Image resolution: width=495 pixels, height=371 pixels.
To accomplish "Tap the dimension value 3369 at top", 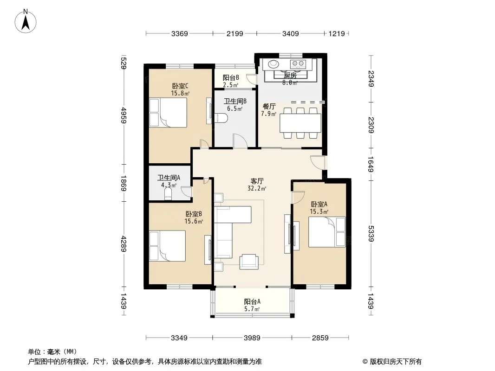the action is (x=179, y=33).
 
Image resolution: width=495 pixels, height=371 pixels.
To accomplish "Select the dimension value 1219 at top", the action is (x=337, y=33).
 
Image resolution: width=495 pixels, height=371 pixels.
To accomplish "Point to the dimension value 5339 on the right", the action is (x=371, y=234).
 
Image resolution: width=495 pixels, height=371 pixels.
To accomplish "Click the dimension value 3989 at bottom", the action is (x=252, y=338).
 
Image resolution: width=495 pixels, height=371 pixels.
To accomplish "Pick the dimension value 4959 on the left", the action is (x=124, y=115).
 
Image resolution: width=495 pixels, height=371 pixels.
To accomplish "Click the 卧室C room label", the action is (x=180, y=86).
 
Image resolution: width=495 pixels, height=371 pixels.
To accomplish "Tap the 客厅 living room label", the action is (x=257, y=181).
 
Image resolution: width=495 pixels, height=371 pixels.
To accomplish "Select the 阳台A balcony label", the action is (x=252, y=301).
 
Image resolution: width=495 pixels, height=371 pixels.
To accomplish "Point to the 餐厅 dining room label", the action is (x=269, y=106).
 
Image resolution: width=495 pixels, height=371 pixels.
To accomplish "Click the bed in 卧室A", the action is (x=327, y=232).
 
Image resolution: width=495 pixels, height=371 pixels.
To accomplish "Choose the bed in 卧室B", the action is (x=167, y=246).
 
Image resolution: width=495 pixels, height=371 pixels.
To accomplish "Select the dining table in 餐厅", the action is (x=300, y=123).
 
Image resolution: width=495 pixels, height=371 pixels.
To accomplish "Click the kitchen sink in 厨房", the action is (x=274, y=64).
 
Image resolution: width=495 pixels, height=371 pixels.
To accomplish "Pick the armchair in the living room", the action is (x=249, y=262).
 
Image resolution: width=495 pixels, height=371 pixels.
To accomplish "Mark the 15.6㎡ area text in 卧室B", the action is (x=194, y=221).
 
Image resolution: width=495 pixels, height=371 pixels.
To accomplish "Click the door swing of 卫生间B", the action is (x=240, y=140).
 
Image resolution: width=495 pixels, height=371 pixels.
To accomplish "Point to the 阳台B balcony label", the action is (x=231, y=77).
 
